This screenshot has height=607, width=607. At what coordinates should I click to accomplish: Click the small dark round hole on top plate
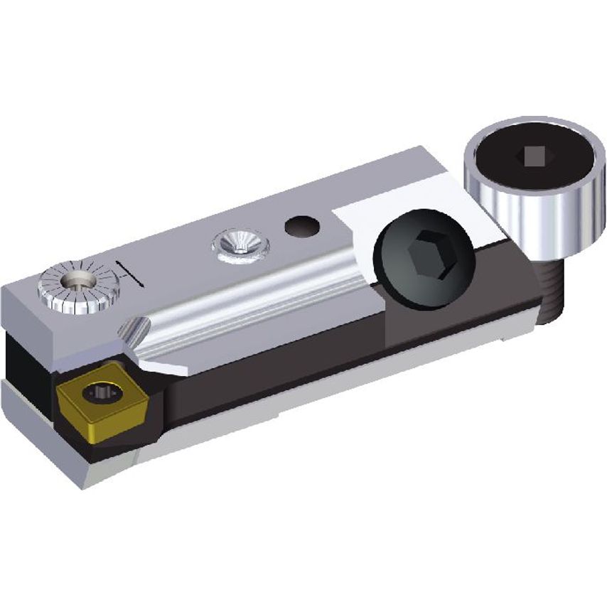(301, 227)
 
